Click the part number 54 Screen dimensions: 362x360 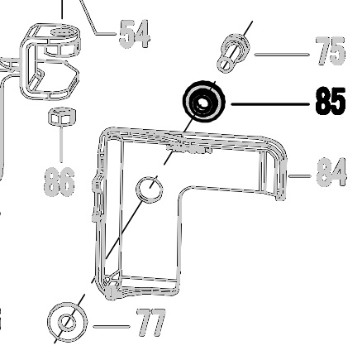[x=135, y=34]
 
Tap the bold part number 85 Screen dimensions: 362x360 [x=331, y=101]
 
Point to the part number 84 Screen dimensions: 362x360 [x=331, y=172]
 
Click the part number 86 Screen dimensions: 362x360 [x=60, y=182]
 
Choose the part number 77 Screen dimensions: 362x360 [x=151, y=323]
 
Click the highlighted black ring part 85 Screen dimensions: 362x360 [x=204, y=102]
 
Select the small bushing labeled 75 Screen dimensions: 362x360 [x=233, y=53]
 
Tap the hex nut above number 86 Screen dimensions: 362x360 [x=62, y=116]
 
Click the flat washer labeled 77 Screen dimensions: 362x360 [x=67, y=322]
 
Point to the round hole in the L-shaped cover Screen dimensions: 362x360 [x=150, y=190]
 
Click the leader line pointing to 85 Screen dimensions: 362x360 [x=270, y=104]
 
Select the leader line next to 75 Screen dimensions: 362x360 [x=282, y=55]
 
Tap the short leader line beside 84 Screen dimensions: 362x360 [x=299, y=175]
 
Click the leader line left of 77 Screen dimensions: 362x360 [x=112, y=327]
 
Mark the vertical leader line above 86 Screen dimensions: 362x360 [x=61, y=144]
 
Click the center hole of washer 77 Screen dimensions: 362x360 [x=66, y=323]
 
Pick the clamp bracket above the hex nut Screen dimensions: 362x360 [x=50, y=61]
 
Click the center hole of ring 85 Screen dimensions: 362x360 [x=203, y=103]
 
